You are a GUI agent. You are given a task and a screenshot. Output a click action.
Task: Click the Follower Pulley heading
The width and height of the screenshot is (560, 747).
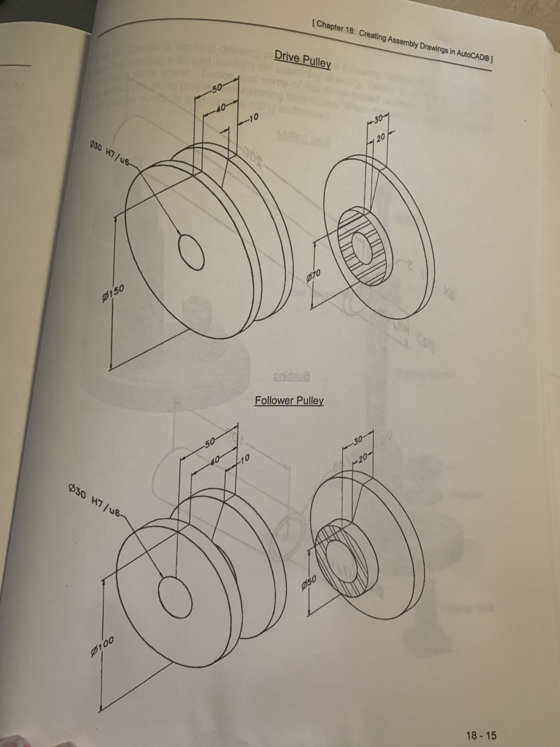(289, 400)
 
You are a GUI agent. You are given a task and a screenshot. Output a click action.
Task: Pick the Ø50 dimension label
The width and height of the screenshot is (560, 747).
(309, 581)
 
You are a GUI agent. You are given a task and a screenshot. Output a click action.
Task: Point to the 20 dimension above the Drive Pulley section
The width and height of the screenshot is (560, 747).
(380, 138)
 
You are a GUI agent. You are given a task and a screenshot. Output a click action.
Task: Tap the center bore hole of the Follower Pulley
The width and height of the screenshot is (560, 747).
(175, 596)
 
